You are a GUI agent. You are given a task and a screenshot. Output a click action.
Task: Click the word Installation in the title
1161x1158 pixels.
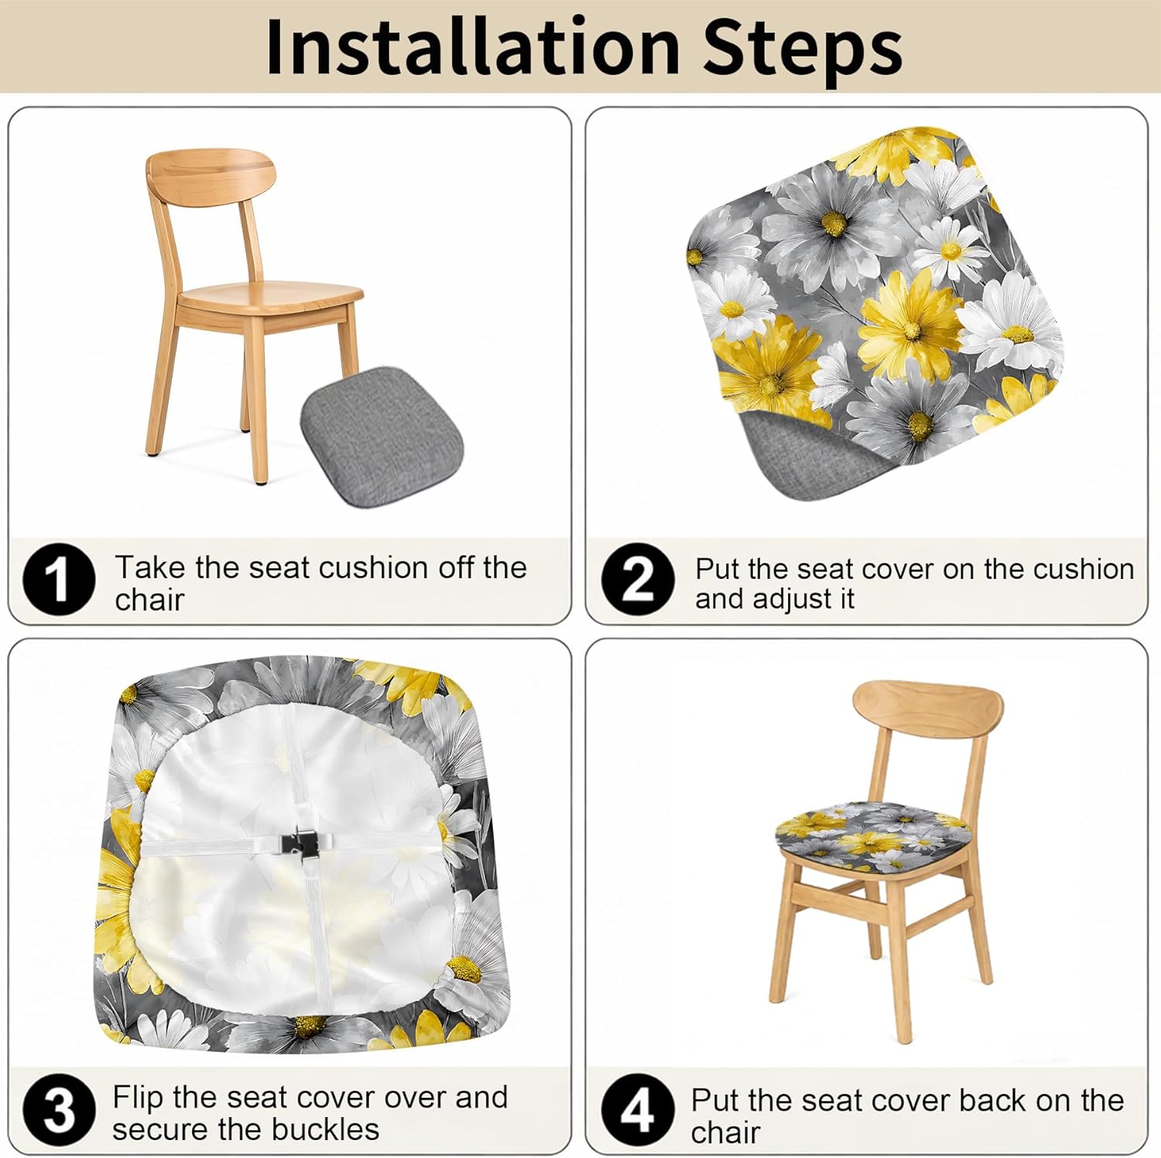point(472,48)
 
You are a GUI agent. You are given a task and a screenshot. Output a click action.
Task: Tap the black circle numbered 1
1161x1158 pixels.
point(59,579)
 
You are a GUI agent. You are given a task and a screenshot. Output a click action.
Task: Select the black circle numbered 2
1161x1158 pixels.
point(638,579)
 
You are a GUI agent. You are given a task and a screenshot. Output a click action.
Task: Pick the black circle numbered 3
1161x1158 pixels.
point(59,1111)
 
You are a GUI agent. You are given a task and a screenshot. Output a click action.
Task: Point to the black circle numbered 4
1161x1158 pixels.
point(638,1111)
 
